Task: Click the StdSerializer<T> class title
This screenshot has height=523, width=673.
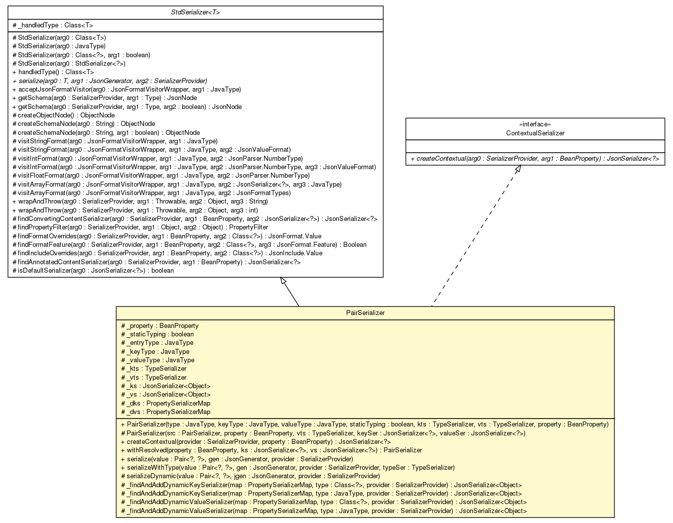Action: click(195, 12)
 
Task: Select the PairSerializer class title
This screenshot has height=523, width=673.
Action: click(365, 313)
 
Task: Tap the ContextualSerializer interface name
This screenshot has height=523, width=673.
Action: click(535, 133)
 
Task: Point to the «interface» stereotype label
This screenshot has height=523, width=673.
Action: click(535, 124)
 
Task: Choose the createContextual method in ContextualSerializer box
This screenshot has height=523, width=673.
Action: click(535, 159)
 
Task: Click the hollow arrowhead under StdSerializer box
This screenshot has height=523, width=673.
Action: click(283, 281)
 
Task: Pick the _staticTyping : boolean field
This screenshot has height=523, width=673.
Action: click(157, 334)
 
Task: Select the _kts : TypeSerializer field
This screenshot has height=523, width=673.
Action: click(154, 369)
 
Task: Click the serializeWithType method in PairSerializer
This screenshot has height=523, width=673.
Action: click(287, 468)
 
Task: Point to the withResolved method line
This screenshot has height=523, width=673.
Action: click(271, 450)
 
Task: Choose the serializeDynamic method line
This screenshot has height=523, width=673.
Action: click(251, 476)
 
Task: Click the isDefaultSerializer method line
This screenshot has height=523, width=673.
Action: click(93, 271)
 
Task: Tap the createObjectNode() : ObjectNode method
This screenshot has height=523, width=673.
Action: click(64, 115)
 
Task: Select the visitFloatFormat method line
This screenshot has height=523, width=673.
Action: click(161, 176)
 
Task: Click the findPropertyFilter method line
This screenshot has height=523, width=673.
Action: click(140, 227)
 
